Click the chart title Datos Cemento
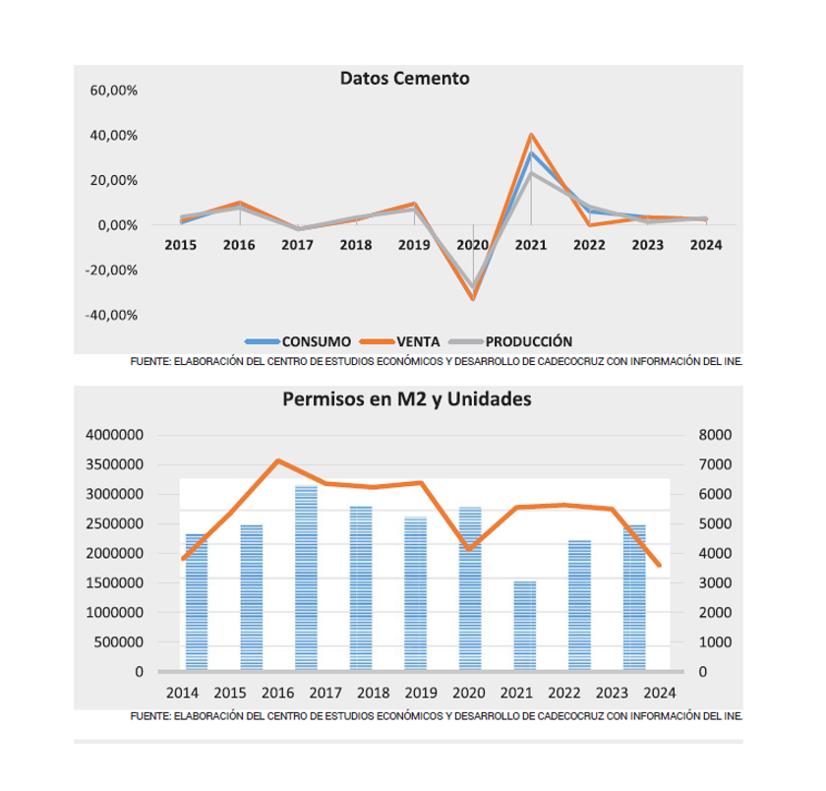(x=405, y=79)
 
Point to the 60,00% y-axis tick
(x=113, y=91)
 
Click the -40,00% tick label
(x=111, y=316)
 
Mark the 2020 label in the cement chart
(x=472, y=245)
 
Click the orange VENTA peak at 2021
(x=531, y=135)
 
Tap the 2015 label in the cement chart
(x=181, y=245)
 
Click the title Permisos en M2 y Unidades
(x=406, y=400)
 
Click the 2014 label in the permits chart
(x=182, y=693)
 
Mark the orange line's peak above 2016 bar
(x=279, y=460)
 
